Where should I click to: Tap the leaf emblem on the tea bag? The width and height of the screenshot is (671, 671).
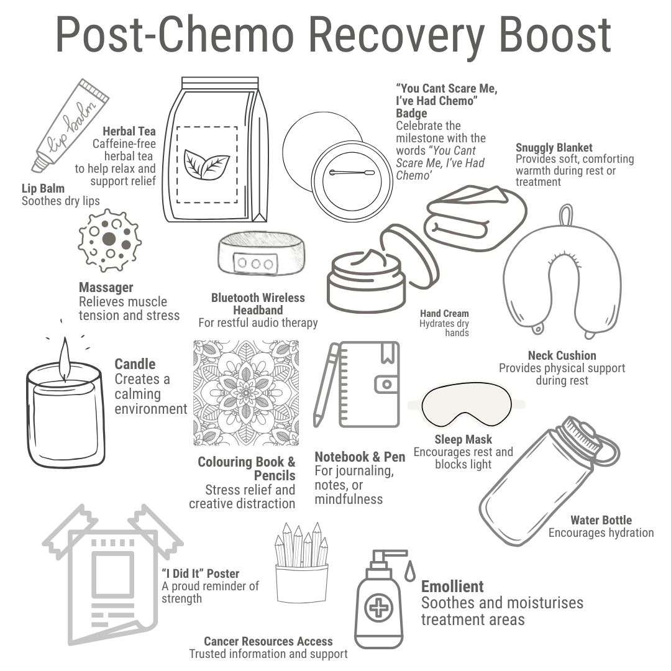pos(207,165)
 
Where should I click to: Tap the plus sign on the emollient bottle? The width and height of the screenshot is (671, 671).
pos(378,606)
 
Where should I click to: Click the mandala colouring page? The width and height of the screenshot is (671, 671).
pos(246,393)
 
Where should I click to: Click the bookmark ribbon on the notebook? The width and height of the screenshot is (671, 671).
pos(388,354)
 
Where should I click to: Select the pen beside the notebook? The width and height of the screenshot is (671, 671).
pos(326,385)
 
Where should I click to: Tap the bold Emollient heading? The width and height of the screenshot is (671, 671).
pos(452,586)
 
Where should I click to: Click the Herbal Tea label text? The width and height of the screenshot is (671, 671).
pos(129,131)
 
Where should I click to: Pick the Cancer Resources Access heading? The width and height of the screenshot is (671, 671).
pos(268,641)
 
